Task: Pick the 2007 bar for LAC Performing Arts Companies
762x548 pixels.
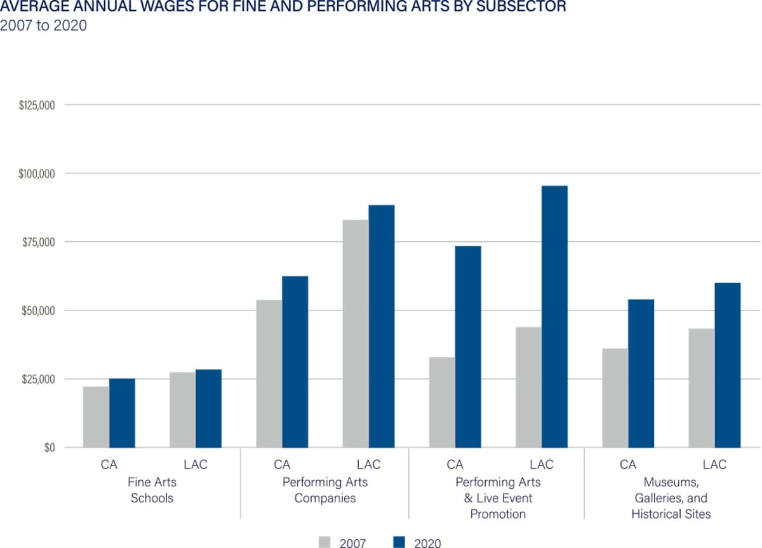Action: point(356,333)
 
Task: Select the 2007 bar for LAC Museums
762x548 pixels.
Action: point(702,388)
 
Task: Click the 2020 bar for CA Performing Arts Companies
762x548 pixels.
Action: point(295,362)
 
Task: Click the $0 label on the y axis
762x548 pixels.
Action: point(50,448)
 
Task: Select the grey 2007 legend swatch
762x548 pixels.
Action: point(324,542)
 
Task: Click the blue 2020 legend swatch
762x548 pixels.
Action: point(399,542)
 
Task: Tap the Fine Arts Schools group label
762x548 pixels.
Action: point(152,490)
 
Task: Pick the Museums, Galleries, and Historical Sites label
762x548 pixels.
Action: point(671,498)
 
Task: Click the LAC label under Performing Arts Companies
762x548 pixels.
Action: point(368,465)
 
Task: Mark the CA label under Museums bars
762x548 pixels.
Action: point(628,465)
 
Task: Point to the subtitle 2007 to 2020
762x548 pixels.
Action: point(43,26)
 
